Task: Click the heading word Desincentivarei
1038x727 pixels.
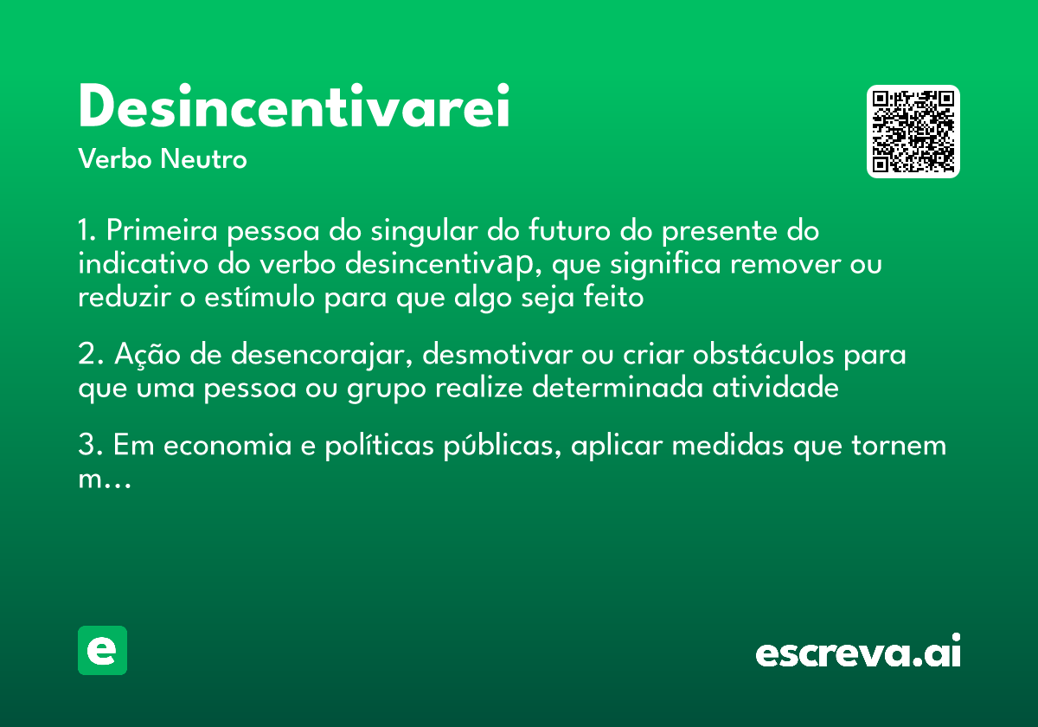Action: pos(293,108)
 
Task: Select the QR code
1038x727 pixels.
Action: pos(913,132)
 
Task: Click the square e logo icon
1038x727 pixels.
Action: pos(102,650)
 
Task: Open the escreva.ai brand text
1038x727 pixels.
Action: pos(857,653)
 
